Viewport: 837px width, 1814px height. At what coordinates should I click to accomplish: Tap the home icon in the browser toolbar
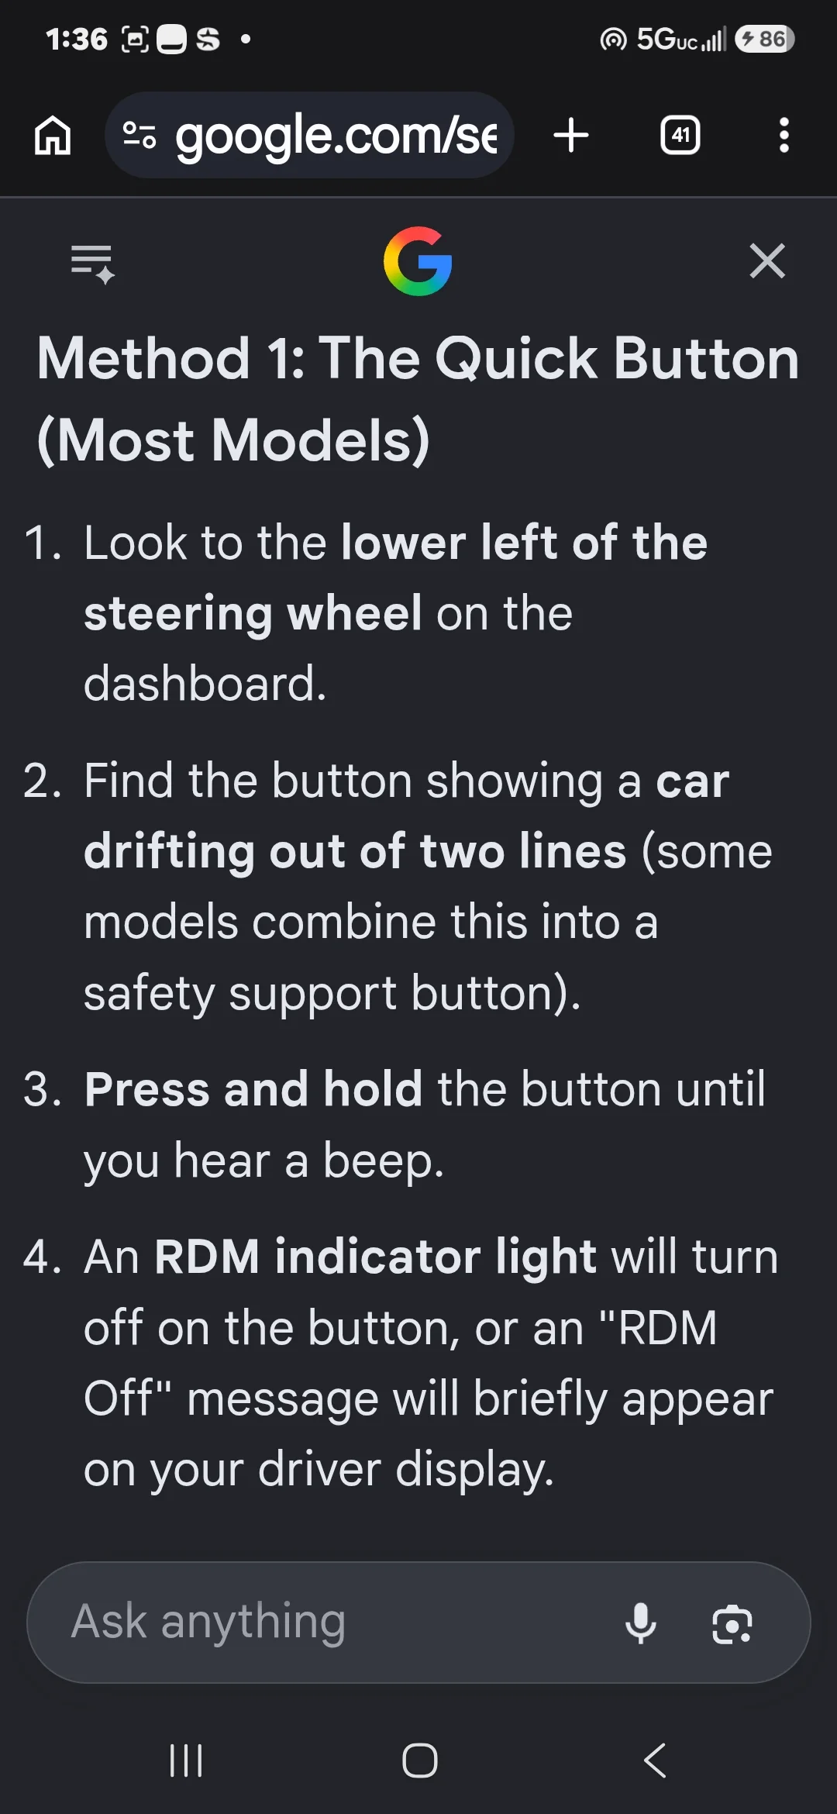tap(53, 136)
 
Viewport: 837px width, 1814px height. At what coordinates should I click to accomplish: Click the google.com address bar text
tap(336, 136)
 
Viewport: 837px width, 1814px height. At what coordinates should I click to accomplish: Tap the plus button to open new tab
tap(571, 136)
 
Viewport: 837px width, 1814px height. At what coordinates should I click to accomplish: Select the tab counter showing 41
tap(680, 136)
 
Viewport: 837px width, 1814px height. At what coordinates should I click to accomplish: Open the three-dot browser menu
tap(784, 136)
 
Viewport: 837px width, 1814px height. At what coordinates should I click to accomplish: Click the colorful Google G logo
tap(418, 261)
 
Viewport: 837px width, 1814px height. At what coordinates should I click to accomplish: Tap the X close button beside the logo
tap(767, 260)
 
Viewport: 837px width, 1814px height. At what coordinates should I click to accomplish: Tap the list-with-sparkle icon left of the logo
tap(93, 264)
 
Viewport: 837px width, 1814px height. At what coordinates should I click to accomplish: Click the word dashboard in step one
tap(205, 684)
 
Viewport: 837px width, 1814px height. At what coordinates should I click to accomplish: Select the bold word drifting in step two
tap(169, 852)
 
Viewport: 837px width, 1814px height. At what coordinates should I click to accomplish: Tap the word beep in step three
tap(383, 1161)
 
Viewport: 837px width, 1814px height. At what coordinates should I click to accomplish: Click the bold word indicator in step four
tap(377, 1256)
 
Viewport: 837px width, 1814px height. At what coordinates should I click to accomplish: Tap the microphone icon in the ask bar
tap(641, 1623)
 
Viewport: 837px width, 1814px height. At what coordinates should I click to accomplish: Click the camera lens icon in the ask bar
tap(732, 1624)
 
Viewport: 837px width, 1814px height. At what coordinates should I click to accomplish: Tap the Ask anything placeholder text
tap(208, 1623)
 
